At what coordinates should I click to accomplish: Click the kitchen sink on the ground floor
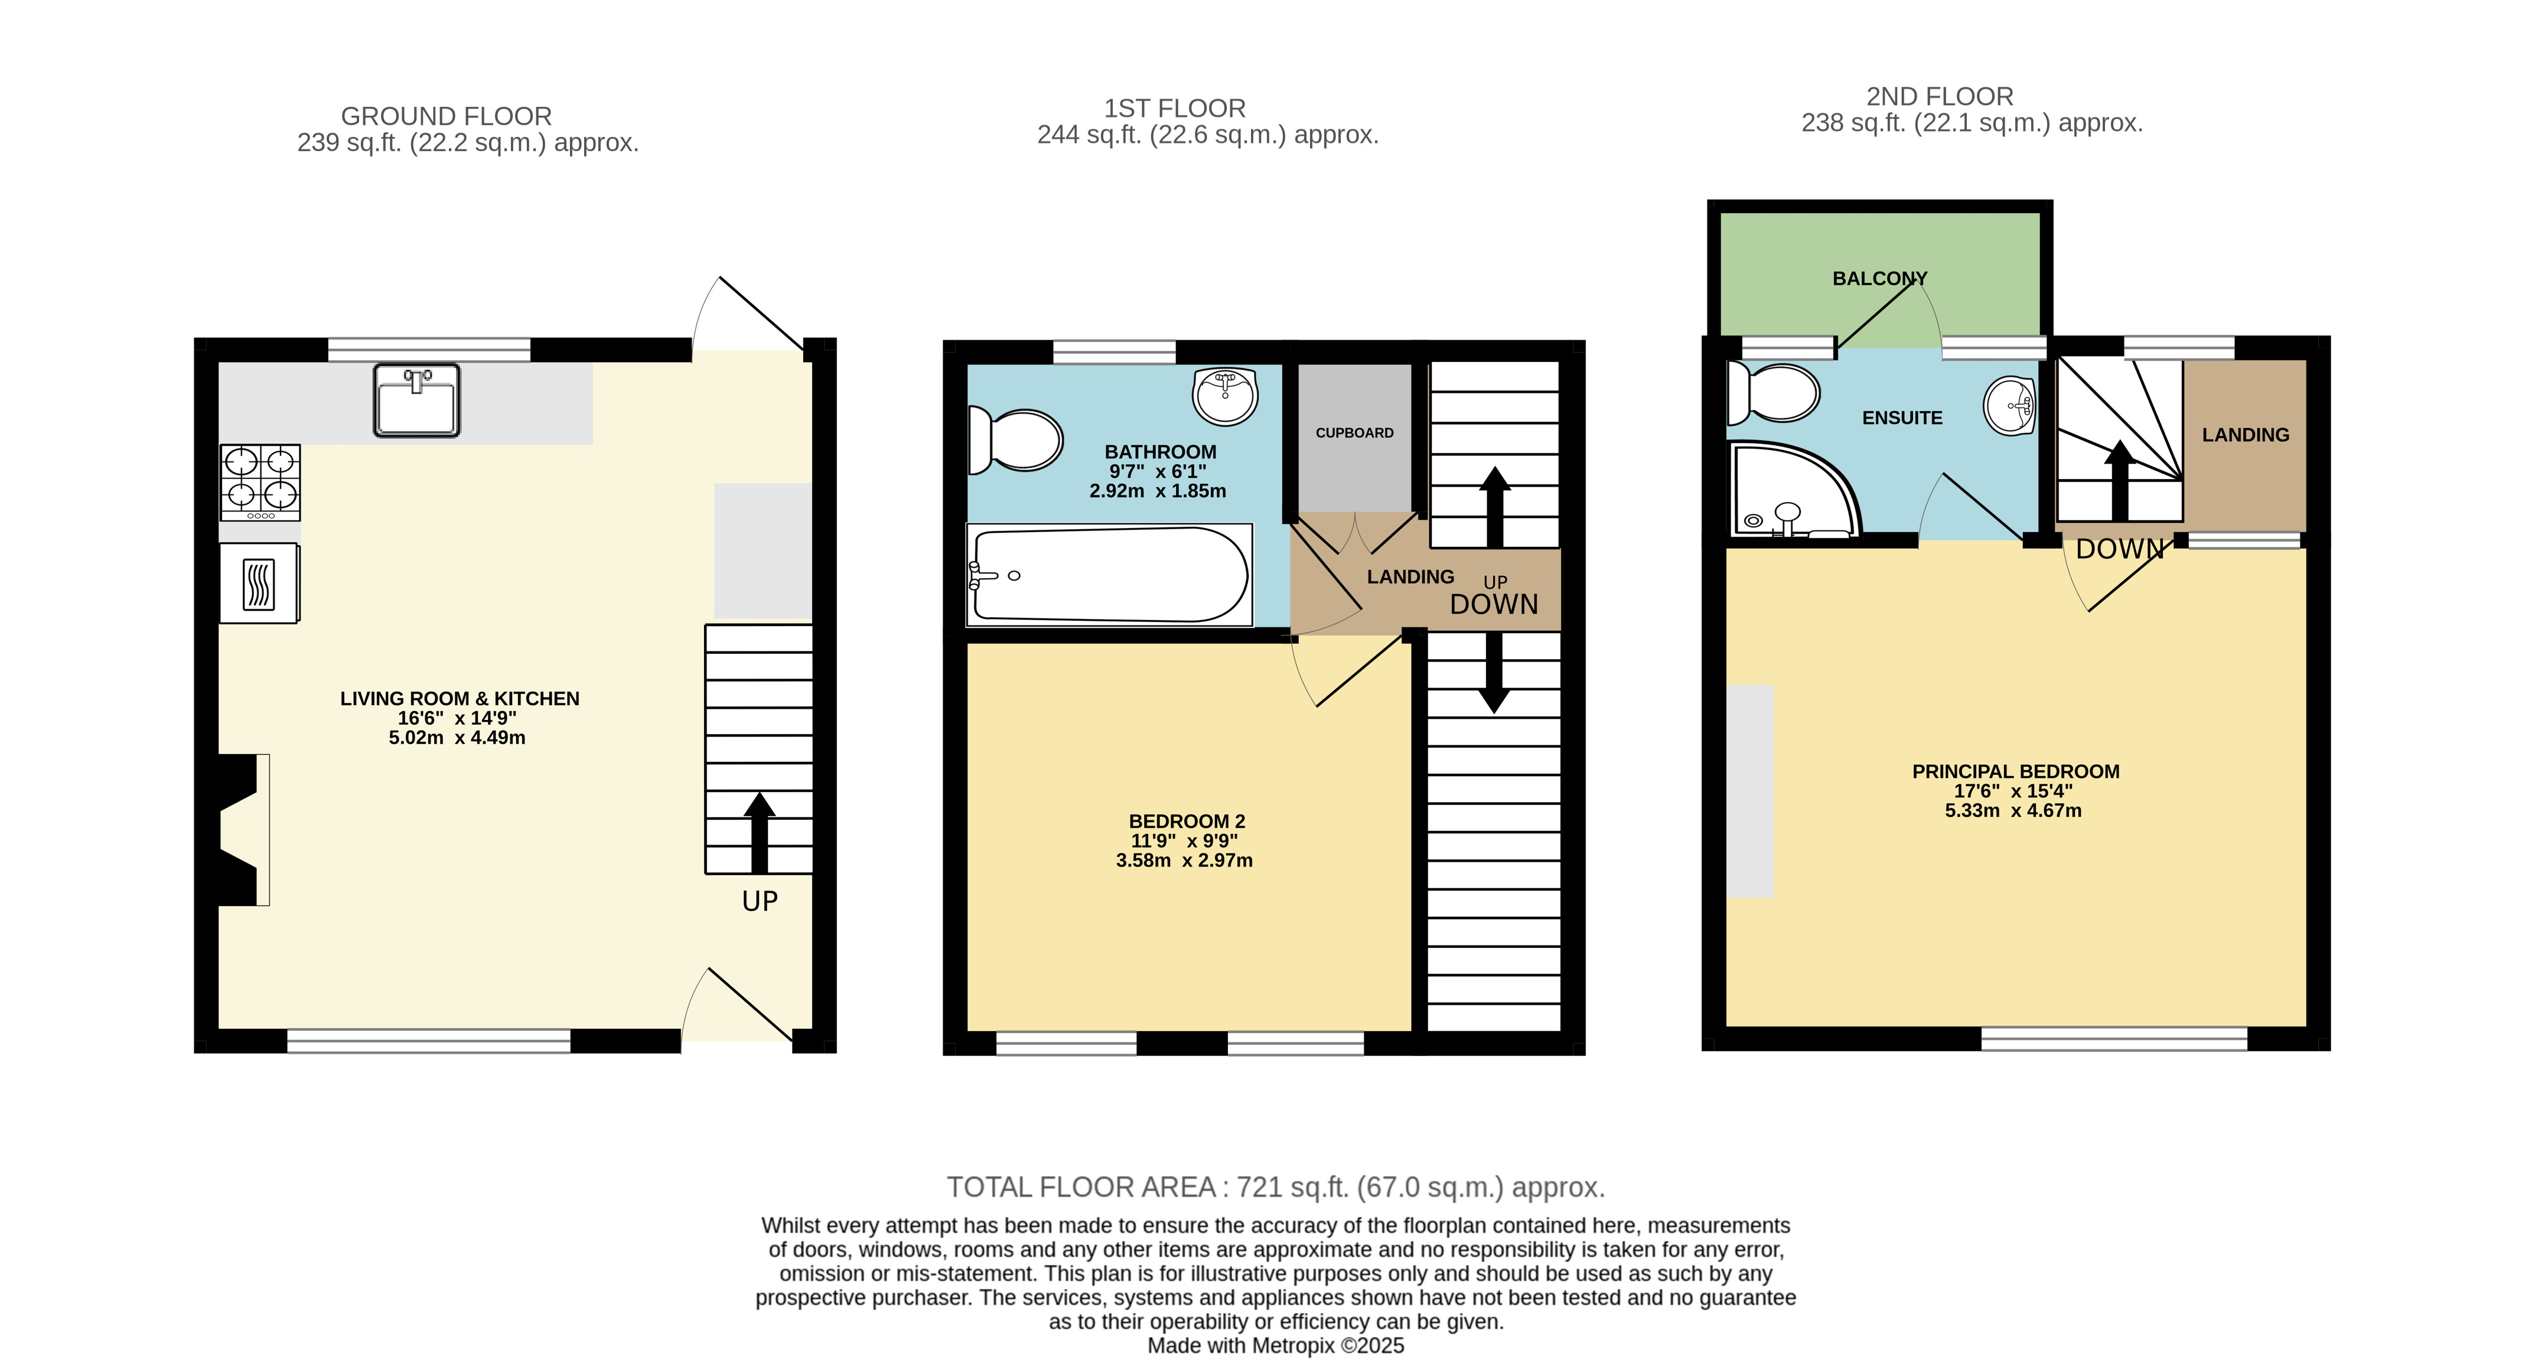point(416,400)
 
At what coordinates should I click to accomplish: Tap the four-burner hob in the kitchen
point(260,482)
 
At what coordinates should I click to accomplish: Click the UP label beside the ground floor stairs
point(760,901)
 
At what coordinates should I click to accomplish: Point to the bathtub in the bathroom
point(1110,575)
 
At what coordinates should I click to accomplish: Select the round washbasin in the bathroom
point(1225,396)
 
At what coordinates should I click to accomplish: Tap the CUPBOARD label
point(1354,433)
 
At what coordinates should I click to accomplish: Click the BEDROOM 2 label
point(1186,821)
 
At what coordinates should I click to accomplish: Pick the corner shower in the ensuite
point(1790,493)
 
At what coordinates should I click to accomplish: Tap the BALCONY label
point(1879,278)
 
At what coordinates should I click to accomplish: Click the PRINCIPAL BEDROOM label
point(2015,771)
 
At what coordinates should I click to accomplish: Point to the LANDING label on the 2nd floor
point(2244,435)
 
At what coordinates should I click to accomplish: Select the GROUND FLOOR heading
point(446,116)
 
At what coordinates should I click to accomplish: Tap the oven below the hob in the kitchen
point(259,584)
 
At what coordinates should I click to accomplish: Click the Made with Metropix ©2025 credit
point(1275,1345)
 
